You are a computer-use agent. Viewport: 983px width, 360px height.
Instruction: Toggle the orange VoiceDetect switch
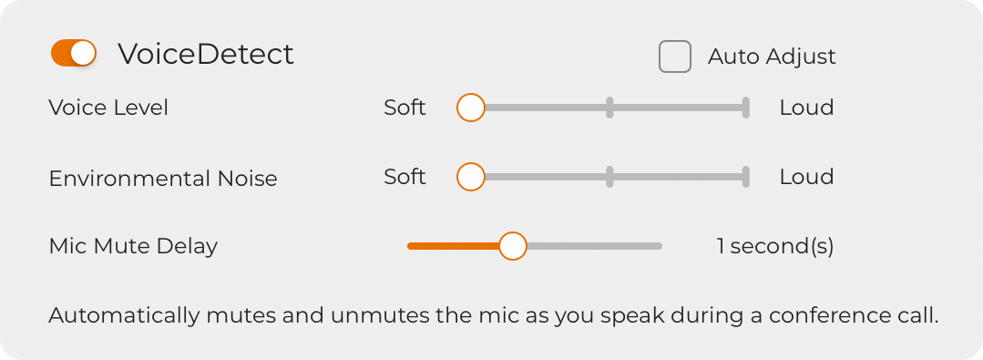click(x=74, y=53)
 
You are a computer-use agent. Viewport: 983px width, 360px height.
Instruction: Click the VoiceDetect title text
click(x=206, y=54)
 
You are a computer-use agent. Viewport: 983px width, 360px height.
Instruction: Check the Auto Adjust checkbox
click(x=674, y=57)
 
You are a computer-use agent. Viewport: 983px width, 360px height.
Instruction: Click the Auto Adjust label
click(x=772, y=57)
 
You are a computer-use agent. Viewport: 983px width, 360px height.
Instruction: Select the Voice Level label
click(x=108, y=108)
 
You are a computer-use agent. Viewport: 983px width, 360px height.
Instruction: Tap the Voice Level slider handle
click(x=471, y=108)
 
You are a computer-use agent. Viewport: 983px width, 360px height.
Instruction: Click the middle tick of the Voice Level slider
click(x=609, y=108)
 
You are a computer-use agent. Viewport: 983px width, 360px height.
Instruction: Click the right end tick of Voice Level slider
click(x=746, y=108)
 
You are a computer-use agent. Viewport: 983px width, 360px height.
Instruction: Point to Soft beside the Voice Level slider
click(x=405, y=108)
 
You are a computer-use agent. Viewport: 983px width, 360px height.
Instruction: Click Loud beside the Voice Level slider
click(x=807, y=108)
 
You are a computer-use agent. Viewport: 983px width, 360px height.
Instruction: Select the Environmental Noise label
click(x=163, y=179)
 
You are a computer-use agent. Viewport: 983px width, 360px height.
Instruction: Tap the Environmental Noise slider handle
click(x=471, y=177)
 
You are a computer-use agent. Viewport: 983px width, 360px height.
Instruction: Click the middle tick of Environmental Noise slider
click(x=609, y=177)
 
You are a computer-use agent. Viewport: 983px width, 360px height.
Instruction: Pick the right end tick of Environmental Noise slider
click(x=746, y=177)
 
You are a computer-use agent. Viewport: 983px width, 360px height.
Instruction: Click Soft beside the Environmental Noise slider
click(x=405, y=177)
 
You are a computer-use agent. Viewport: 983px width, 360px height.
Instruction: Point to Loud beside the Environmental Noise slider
click(x=807, y=177)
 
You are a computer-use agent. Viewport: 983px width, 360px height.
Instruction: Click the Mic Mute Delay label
click(x=133, y=246)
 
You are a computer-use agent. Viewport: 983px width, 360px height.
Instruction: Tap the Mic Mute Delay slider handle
click(x=513, y=246)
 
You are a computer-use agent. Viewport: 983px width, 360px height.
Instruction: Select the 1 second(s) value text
click(x=775, y=246)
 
